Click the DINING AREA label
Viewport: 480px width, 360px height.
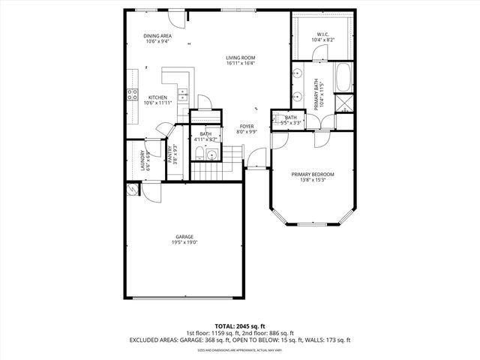[x=157, y=36]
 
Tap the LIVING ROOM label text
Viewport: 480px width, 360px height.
[x=241, y=58]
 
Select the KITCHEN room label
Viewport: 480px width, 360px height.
[x=157, y=97]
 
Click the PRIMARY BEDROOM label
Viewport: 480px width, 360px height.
[x=313, y=174]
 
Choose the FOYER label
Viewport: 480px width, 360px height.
[x=247, y=126]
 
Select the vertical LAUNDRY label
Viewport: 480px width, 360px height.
[x=142, y=162]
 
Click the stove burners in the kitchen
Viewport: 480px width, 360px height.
[x=133, y=94]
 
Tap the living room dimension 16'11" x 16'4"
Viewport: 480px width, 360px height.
[x=241, y=64]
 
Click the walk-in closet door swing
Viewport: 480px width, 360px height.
[x=319, y=54]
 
